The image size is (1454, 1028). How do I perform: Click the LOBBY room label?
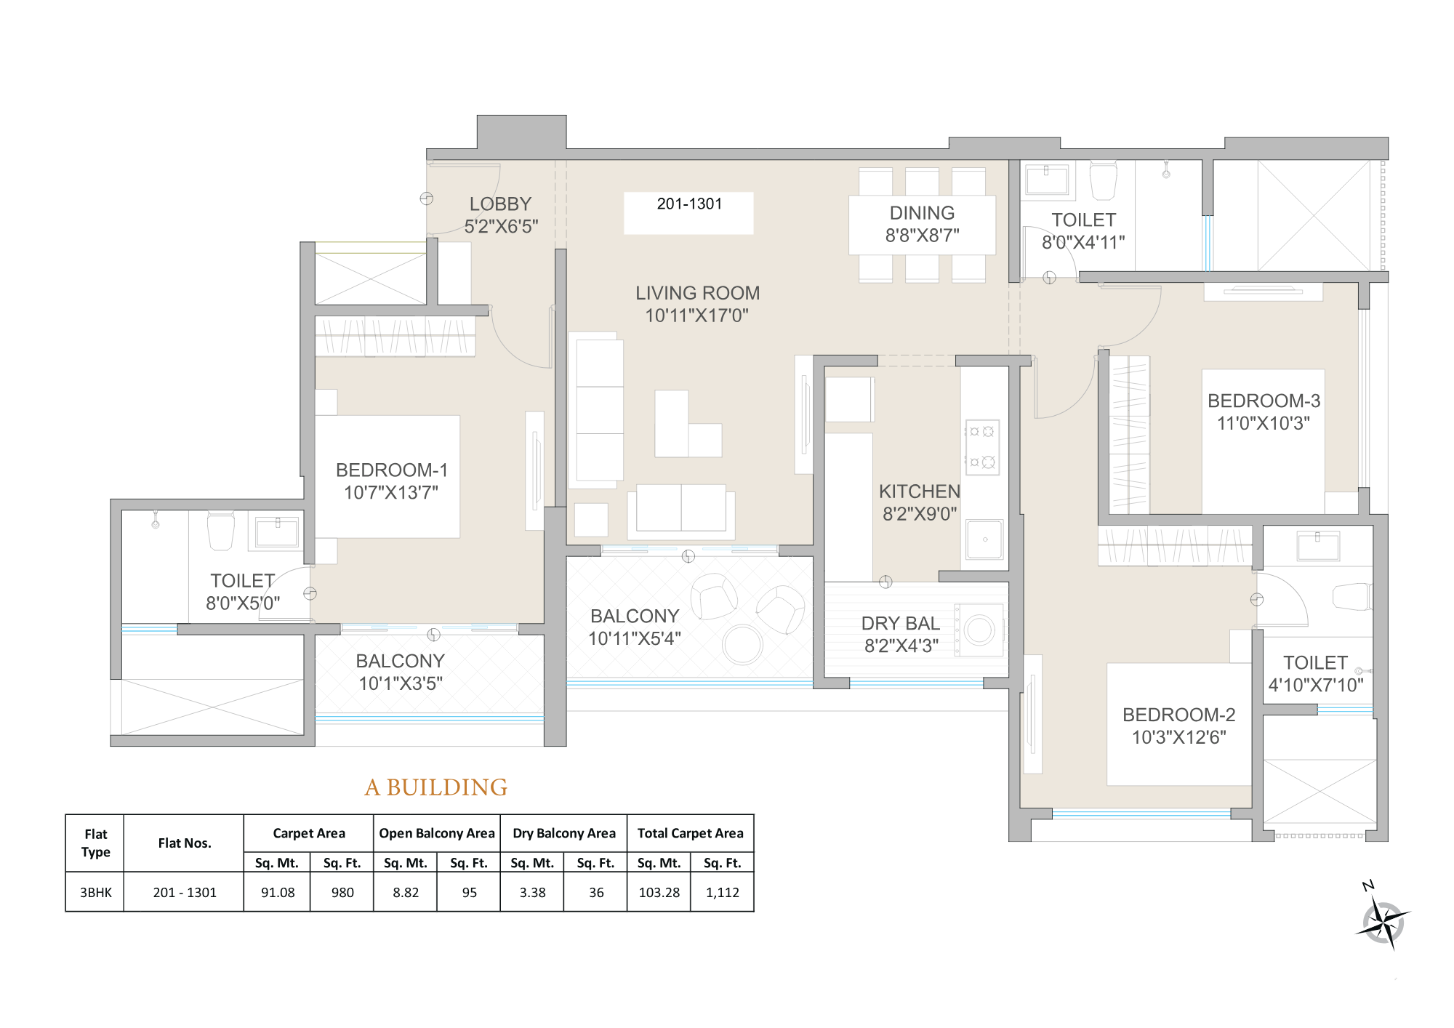click(500, 204)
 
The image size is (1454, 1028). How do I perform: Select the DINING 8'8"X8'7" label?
click(922, 224)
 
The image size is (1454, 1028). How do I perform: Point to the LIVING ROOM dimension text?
click(696, 316)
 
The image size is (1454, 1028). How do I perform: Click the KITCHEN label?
click(919, 492)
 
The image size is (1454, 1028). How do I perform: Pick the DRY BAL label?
click(900, 624)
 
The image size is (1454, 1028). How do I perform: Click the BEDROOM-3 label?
click(1264, 401)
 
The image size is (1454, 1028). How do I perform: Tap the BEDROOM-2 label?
click(1178, 715)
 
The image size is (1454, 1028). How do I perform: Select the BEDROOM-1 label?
click(391, 470)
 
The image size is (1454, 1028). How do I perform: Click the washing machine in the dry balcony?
click(979, 630)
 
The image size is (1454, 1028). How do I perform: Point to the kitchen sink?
click(984, 539)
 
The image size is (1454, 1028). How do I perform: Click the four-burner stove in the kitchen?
click(981, 446)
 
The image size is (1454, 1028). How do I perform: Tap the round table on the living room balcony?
click(742, 644)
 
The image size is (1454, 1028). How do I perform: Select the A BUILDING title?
click(435, 787)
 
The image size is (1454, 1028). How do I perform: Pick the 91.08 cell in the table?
click(278, 893)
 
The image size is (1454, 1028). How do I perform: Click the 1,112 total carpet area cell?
click(722, 893)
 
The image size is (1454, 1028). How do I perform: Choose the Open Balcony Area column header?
click(436, 833)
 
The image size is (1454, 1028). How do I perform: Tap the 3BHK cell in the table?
click(95, 893)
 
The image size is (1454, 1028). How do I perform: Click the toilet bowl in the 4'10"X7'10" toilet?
click(1352, 597)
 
